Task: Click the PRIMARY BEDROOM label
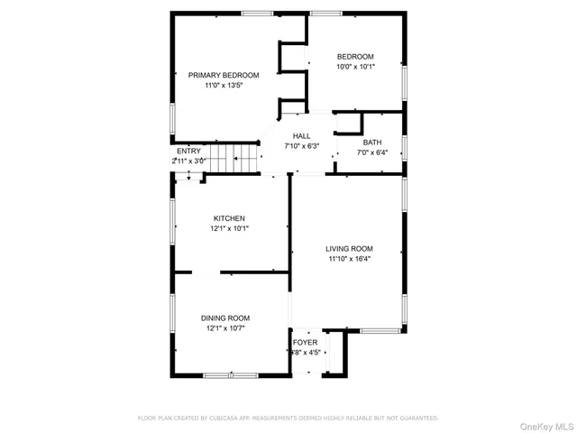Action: (x=224, y=75)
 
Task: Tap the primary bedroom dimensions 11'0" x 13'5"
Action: (x=224, y=85)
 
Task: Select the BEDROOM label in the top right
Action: (x=355, y=56)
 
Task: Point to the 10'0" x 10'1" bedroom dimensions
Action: (x=355, y=66)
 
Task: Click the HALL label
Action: (x=301, y=135)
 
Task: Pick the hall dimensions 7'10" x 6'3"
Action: (x=301, y=145)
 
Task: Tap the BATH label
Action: (x=372, y=143)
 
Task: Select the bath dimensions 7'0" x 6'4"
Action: (x=372, y=152)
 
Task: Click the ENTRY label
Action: (x=188, y=151)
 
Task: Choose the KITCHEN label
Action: (x=229, y=218)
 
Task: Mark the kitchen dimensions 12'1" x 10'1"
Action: (x=229, y=228)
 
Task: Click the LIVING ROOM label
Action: (x=350, y=249)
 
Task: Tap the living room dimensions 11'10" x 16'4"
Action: (x=350, y=259)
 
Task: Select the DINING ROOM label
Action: (x=225, y=318)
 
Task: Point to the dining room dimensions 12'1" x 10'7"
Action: (x=225, y=327)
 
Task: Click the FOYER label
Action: (x=305, y=343)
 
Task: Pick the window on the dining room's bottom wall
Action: (x=231, y=374)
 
